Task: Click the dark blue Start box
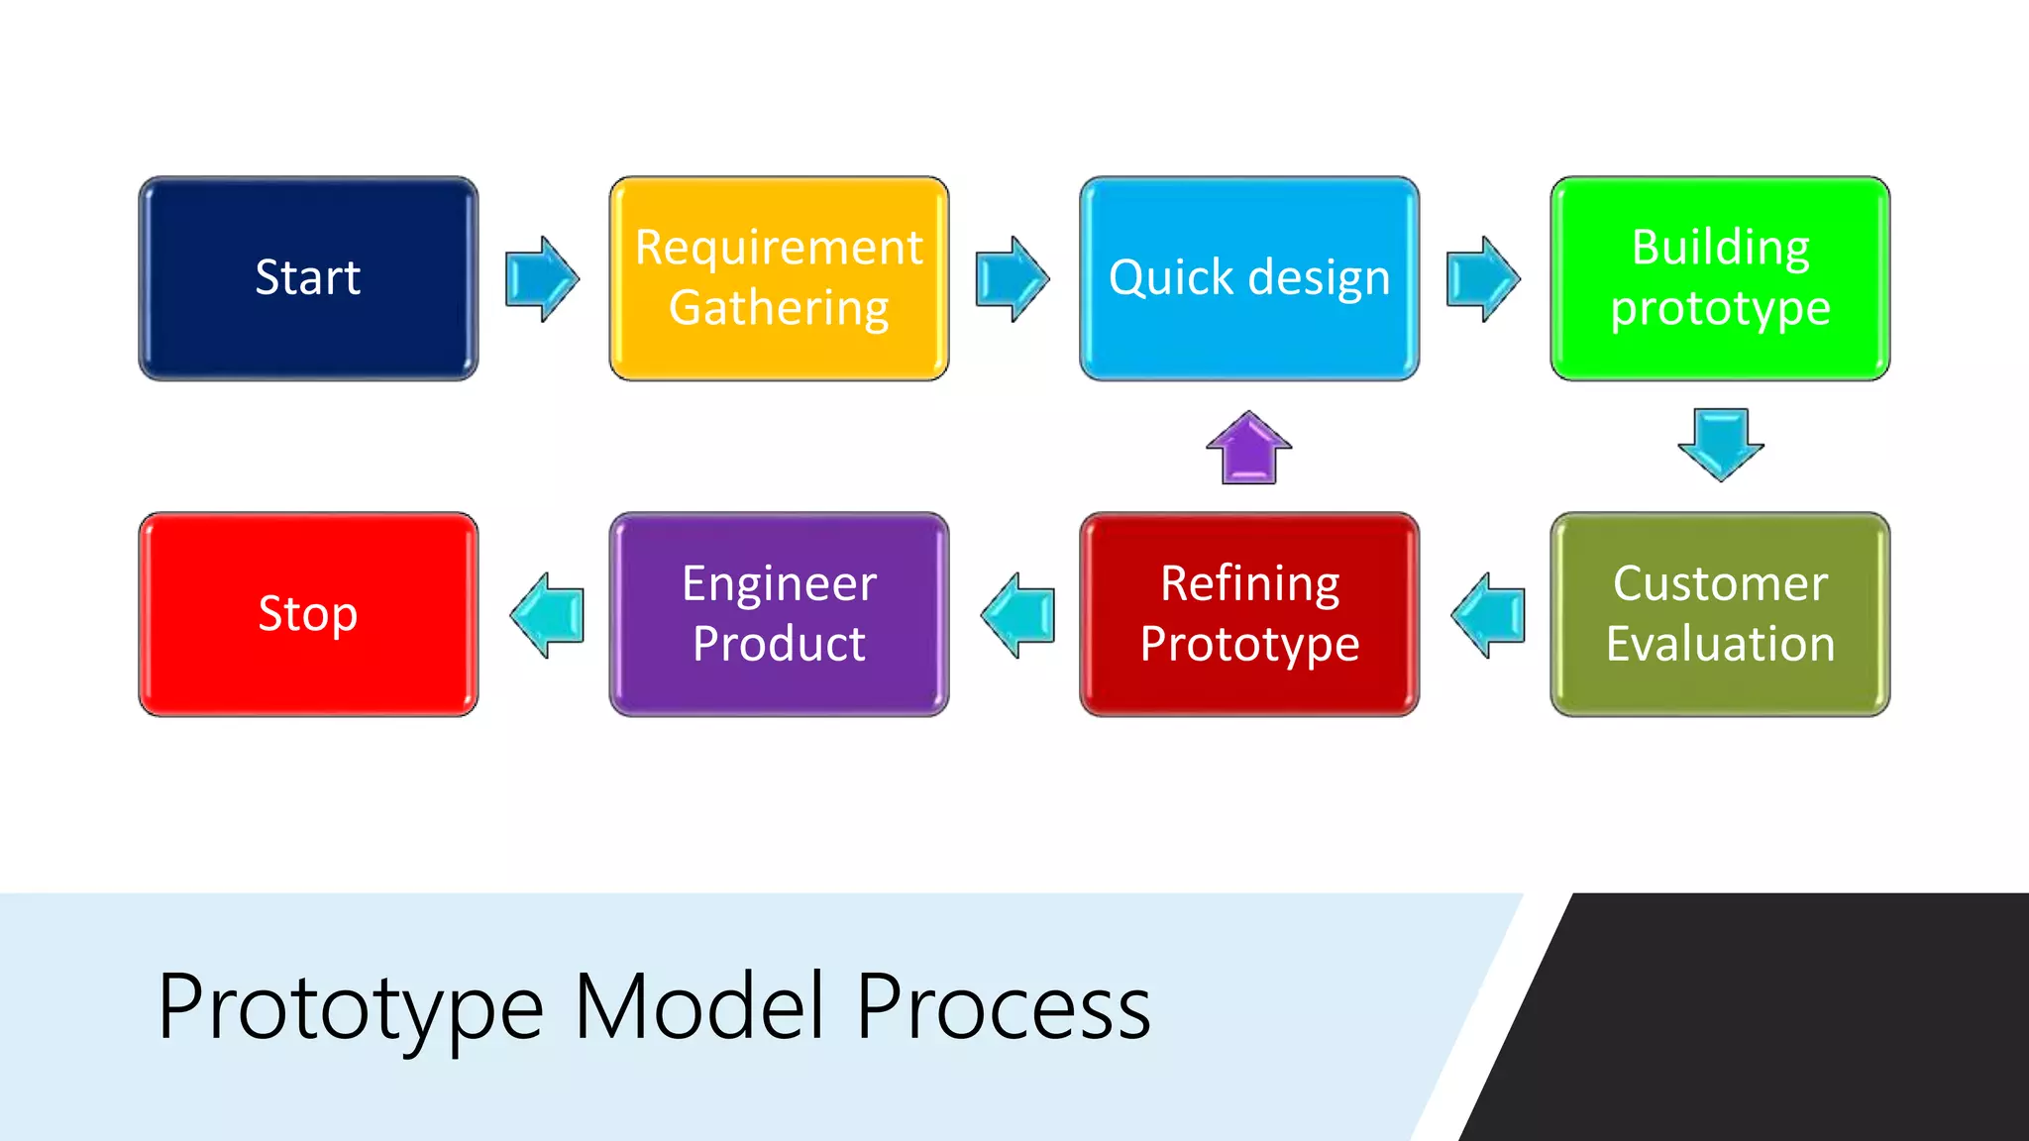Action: [308, 278]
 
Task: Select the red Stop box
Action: [308, 614]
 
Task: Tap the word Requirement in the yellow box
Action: [779, 248]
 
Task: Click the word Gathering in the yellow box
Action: [779, 308]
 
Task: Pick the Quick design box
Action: [1249, 278]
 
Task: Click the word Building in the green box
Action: [1720, 248]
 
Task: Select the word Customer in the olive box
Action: [1720, 583]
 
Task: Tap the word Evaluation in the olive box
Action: [1720, 644]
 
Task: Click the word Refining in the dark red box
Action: [1249, 583]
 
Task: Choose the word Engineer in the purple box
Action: [779, 583]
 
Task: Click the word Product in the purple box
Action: [779, 644]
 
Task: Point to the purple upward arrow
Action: [1248, 449]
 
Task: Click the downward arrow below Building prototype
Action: [1720, 445]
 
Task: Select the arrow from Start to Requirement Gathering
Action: [541, 278]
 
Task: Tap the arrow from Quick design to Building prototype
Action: [1482, 278]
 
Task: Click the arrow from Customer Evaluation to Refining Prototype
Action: [1488, 615]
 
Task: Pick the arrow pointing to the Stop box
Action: [547, 615]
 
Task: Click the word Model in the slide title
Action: [699, 1006]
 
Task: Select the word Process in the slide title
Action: [1003, 1006]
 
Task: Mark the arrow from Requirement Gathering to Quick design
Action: [1012, 278]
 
